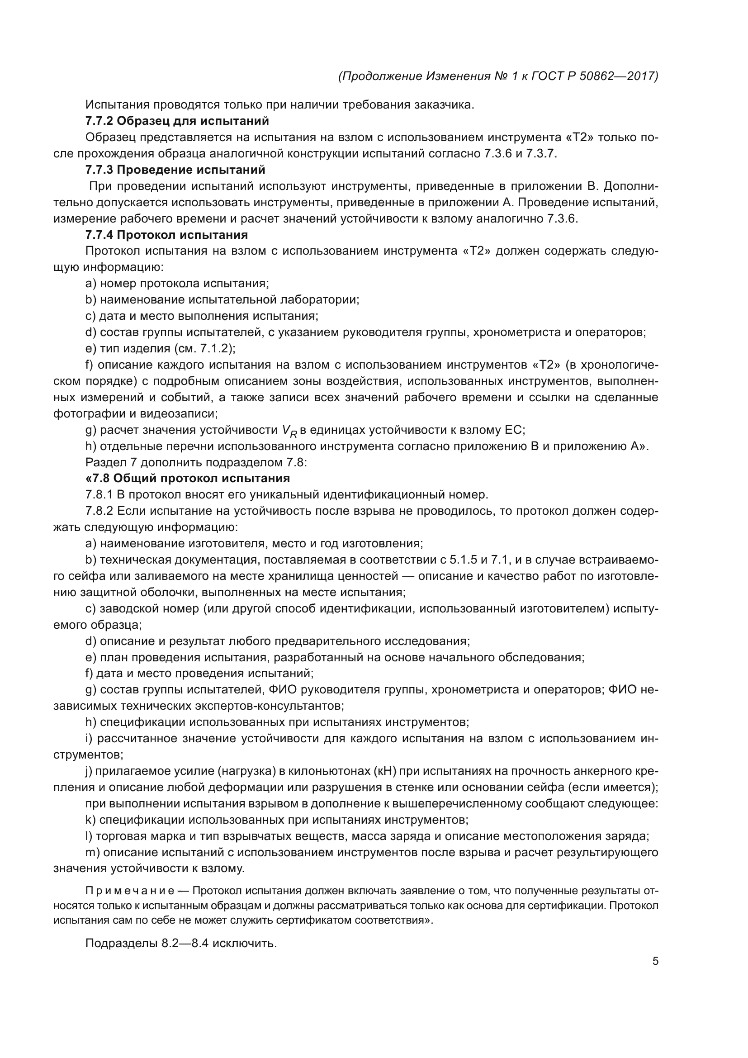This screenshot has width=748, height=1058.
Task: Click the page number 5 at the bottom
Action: coord(655,961)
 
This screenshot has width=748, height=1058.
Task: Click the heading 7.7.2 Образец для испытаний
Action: coord(177,121)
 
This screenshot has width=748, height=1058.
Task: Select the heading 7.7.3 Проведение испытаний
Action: coord(175,170)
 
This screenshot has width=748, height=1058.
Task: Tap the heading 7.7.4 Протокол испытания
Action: coord(166,235)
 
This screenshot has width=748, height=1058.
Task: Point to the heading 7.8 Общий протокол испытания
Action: coord(188,478)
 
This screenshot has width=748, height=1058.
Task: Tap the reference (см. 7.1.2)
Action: coord(210,348)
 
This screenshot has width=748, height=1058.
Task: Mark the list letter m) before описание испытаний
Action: coord(93,853)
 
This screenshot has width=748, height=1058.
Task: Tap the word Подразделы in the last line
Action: coord(122,943)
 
